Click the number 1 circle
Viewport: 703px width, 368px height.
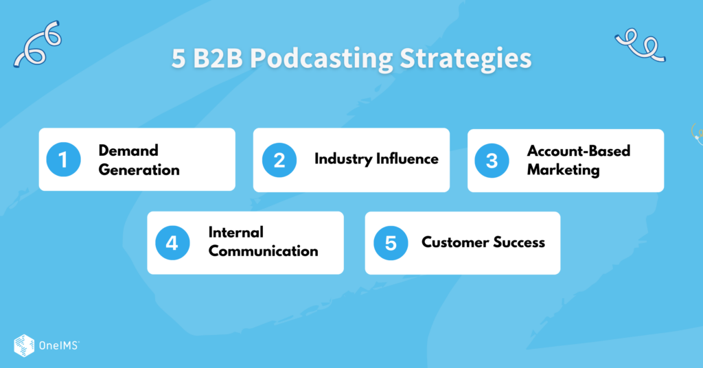(x=63, y=160)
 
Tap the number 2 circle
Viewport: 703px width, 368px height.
(x=279, y=160)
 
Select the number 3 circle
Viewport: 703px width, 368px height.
(x=492, y=160)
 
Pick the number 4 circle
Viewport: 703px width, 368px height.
(x=172, y=243)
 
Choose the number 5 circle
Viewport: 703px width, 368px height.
(x=390, y=243)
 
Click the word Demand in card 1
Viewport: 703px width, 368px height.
(x=128, y=150)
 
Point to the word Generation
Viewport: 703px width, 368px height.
(x=139, y=169)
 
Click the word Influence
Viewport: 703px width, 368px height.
(x=407, y=159)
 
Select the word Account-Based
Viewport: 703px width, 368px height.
(x=578, y=150)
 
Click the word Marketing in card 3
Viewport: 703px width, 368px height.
(x=563, y=169)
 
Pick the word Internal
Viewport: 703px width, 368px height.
(x=235, y=232)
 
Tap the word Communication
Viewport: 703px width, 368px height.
(x=263, y=251)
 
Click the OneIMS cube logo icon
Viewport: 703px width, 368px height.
(x=24, y=345)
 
